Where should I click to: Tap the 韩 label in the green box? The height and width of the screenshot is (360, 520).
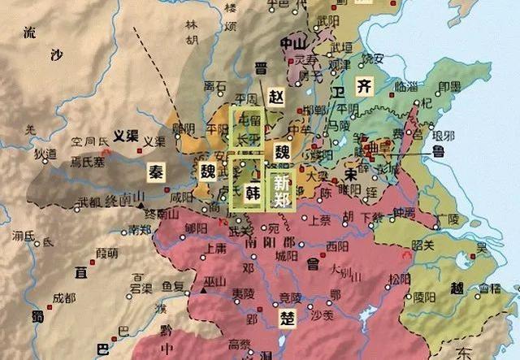coord(253,193)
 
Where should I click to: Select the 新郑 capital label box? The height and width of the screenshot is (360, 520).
coord(281,186)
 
